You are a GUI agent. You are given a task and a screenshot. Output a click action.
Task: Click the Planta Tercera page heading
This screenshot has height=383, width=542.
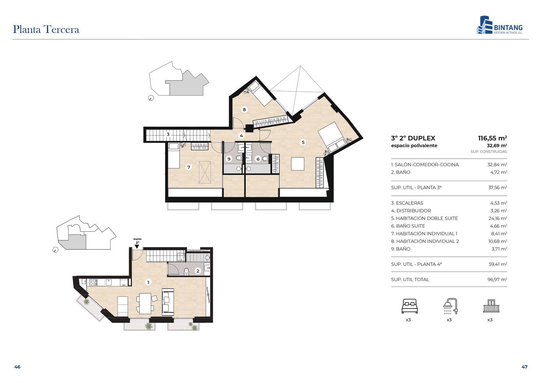coord(46,30)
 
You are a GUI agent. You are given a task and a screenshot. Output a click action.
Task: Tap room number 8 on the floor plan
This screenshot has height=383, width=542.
coord(244,109)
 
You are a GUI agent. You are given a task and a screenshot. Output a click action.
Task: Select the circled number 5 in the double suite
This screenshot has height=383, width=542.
coord(303,142)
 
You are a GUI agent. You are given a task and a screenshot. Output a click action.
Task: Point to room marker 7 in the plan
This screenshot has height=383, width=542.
coord(189,167)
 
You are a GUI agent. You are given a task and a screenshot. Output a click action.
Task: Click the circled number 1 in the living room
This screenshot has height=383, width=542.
coord(148,282)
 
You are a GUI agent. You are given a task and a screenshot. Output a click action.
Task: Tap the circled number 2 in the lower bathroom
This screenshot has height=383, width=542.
coord(198,271)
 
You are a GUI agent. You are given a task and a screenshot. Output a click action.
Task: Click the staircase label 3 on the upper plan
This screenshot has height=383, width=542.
coord(168,134)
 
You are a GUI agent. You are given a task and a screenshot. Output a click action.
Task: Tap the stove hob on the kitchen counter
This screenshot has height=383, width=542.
coord(93,282)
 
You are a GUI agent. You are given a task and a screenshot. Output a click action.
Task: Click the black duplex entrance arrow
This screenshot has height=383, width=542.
coord(137,246)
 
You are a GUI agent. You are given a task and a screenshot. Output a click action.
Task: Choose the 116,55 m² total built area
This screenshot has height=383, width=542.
coord(492,138)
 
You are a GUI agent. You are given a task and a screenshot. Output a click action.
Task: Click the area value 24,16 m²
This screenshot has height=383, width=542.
coord(498,218)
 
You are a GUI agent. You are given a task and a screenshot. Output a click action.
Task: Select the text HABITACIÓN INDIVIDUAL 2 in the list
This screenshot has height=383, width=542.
coord(427,241)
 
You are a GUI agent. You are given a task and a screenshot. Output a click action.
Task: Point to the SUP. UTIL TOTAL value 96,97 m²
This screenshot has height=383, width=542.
coord(497,279)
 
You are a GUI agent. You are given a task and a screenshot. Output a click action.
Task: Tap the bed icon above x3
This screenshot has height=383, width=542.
coord(409,306)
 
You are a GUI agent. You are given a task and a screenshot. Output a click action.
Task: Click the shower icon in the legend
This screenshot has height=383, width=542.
coord(450,306)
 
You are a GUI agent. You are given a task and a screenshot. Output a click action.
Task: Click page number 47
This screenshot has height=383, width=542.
coord(524,367)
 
